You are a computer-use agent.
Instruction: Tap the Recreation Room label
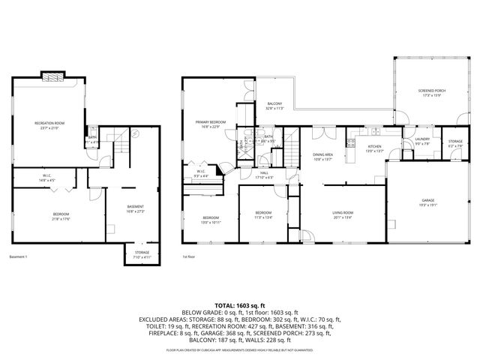tap(49, 124)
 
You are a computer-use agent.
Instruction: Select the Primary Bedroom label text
tap(211, 124)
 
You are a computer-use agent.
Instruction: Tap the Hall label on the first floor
tap(264, 175)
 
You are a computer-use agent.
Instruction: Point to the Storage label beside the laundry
tap(455, 142)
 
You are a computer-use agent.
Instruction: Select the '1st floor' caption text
tap(188, 257)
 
